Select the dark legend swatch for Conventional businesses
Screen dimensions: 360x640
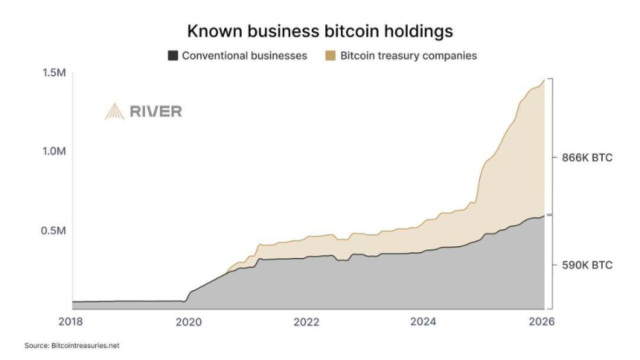[x=174, y=57]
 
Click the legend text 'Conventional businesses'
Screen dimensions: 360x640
[x=245, y=57]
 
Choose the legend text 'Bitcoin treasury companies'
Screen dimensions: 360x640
[x=405, y=57]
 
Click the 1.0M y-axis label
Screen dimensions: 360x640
[x=54, y=151]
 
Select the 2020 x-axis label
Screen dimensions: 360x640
[x=188, y=321]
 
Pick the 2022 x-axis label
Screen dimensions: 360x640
[x=306, y=321]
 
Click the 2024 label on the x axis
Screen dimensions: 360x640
[x=423, y=321]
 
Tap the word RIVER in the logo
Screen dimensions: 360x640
[x=156, y=112]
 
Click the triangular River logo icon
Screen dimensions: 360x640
[x=114, y=112]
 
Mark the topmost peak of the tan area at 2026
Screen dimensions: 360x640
[x=543, y=80]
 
